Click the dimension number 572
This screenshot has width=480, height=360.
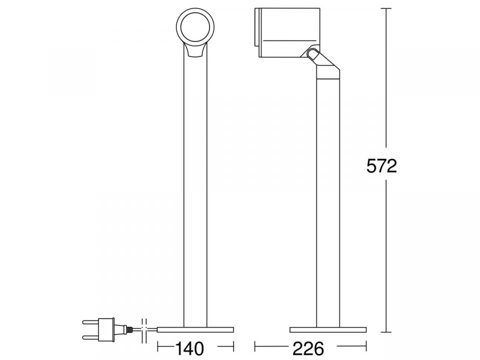(x=381, y=166)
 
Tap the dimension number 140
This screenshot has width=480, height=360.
(x=189, y=348)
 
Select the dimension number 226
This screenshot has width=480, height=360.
(x=308, y=348)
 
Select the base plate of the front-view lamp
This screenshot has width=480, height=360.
(x=195, y=329)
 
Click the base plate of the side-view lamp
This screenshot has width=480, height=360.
(x=328, y=329)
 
